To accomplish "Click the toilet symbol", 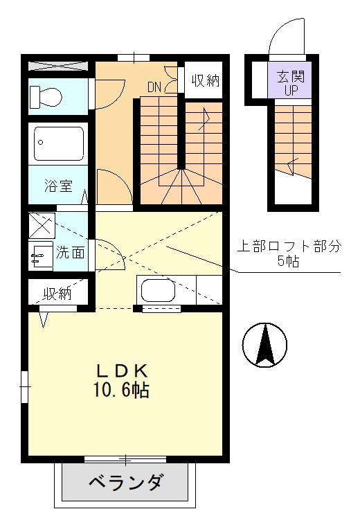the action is pos(46,97).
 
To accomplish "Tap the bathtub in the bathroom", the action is pos(58,143).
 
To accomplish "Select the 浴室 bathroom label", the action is pos(58,186).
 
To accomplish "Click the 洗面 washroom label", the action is pos(70,252).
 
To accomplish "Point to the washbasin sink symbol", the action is pos(41,256).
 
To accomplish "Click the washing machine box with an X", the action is pos(42,225).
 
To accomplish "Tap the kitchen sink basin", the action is pos(158,290).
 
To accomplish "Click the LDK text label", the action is pos(123,371).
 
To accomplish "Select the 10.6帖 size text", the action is pos(121,390).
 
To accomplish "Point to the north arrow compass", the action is pos(265,345).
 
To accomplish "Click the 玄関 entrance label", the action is pos(291,77).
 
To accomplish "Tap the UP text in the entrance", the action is pos(291,91).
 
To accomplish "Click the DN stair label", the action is pos(154,87).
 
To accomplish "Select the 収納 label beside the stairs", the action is pos(205,80).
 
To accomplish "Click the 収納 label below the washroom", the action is pos(57,294).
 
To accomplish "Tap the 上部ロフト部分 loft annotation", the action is pos(289,247).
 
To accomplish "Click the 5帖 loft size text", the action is pos(289,261).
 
